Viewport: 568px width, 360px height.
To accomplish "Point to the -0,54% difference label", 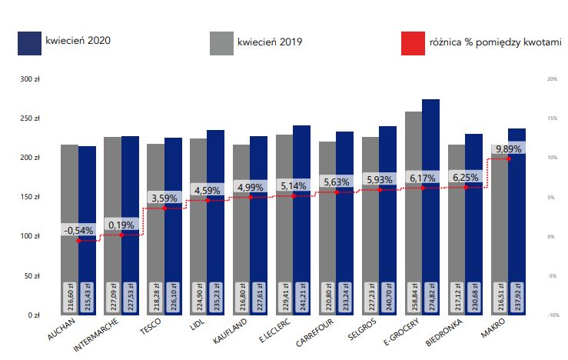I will (x=78, y=230).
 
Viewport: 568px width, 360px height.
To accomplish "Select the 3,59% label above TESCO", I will (x=164, y=198).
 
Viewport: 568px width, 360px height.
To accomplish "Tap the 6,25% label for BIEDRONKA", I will (x=465, y=177).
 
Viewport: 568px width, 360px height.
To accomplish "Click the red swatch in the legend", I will (x=414, y=43).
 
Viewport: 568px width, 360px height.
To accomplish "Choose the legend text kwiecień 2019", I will (x=270, y=42).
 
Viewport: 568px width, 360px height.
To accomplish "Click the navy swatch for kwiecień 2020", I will (x=29, y=43).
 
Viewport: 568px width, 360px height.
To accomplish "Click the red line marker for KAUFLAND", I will (x=251, y=197).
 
